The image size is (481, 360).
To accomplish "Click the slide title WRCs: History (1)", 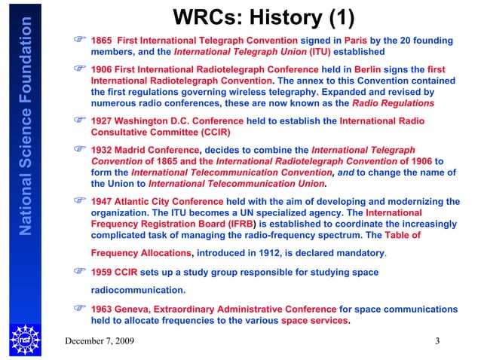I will [x=264, y=17].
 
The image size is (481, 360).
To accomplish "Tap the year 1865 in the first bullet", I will [x=102, y=40].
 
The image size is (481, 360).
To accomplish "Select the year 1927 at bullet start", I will [x=102, y=119].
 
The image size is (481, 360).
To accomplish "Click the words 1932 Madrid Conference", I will [x=146, y=150].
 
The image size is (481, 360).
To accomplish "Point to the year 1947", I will [x=102, y=201].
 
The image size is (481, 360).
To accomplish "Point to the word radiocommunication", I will [x=138, y=289].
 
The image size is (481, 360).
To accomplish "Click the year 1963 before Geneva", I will [x=102, y=309].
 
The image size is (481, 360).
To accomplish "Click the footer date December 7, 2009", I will [x=100, y=341].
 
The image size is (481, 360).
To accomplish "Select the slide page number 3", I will [x=437, y=341].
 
